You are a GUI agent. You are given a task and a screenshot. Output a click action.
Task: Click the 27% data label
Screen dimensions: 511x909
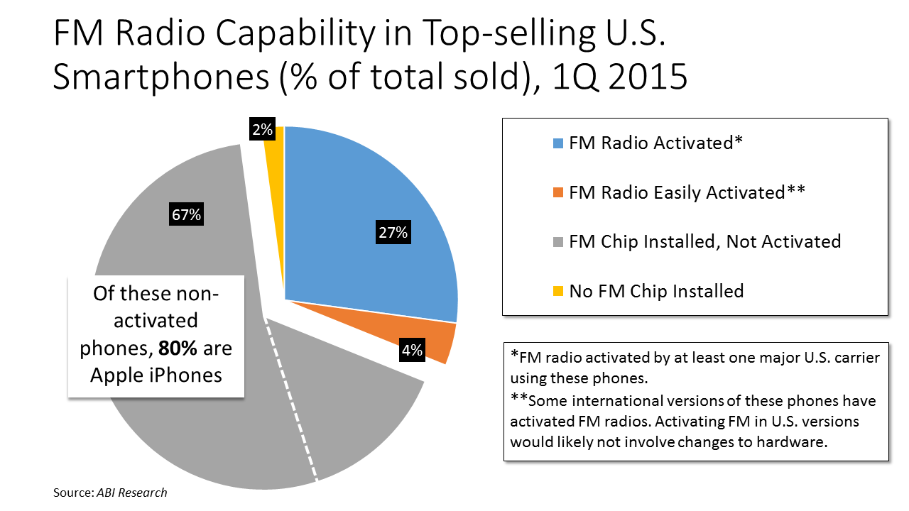point(393,232)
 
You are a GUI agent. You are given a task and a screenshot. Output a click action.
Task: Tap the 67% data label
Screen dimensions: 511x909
point(186,214)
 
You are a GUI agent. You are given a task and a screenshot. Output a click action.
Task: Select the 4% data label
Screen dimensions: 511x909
point(411,349)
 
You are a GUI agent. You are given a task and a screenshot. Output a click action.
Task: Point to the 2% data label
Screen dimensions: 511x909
point(261,129)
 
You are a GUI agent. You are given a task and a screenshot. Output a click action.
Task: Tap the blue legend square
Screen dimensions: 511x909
point(558,143)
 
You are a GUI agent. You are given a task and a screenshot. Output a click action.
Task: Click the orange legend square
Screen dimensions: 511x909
point(558,192)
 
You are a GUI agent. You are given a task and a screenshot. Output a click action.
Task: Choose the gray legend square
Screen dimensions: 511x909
point(558,242)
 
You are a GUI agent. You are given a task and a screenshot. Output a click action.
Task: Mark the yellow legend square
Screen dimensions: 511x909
point(558,291)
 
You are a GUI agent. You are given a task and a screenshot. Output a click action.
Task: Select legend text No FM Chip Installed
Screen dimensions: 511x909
point(656,291)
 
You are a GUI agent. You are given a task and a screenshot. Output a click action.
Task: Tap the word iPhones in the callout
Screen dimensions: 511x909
point(187,374)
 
